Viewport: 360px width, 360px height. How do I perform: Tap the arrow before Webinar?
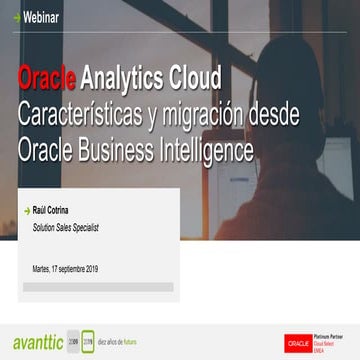point(9,16)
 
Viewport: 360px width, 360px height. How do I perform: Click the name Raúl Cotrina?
point(52,211)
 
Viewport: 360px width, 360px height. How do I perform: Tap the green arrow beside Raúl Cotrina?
point(26,211)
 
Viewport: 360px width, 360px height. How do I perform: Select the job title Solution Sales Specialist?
point(66,228)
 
